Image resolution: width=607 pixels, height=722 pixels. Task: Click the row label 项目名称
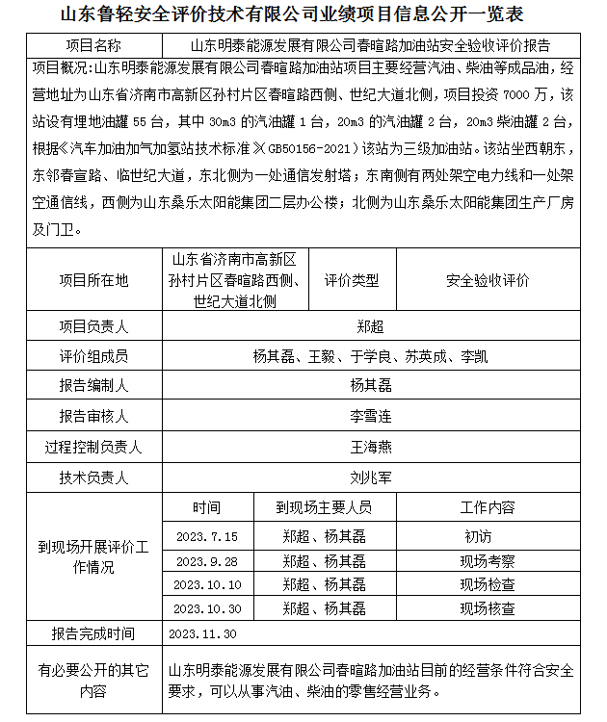point(93,45)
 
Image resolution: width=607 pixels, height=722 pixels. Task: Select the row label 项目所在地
point(93,280)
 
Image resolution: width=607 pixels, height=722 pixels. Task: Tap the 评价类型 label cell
point(352,280)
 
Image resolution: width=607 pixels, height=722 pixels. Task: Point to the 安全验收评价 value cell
point(488,280)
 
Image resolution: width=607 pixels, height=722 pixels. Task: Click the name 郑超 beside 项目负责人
point(371,326)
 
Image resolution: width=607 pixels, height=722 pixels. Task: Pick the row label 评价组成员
point(93,356)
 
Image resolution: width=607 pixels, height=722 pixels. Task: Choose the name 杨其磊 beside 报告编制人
point(371,386)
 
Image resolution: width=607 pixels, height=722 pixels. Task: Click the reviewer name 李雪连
point(371,416)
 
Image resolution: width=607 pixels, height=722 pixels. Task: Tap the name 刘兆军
point(371,476)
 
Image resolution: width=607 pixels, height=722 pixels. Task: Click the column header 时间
point(206,506)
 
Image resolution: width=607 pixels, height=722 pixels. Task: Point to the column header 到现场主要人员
point(324,506)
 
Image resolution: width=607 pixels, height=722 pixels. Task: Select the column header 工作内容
point(488,506)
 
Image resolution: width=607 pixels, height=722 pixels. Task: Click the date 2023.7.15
point(206,536)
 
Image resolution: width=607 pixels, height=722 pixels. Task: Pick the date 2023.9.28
point(206,560)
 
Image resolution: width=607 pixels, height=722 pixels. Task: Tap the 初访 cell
point(479,536)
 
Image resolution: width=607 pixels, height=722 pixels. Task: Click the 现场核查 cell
point(488,608)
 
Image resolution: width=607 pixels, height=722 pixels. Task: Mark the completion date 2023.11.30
point(202,634)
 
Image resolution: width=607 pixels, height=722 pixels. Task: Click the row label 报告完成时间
point(93,634)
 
